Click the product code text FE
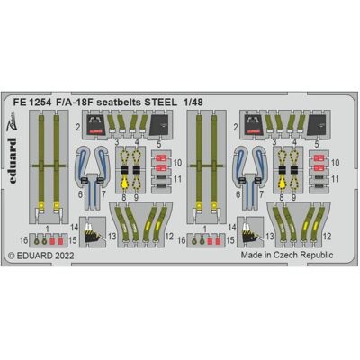click(20, 103)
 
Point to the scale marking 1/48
click(193, 103)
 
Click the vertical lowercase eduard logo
click(12, 160)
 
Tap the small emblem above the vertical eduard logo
click(12, 121)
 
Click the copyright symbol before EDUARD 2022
click(12, 256)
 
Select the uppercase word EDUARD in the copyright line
click(34, 256)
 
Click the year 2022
click(64, 256)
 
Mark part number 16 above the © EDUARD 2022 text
click(24, 240)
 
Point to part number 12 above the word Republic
click(328, 237)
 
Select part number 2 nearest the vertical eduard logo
click(78, 128)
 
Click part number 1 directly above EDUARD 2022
click(48, 229)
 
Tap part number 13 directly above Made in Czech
click(270, 237)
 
